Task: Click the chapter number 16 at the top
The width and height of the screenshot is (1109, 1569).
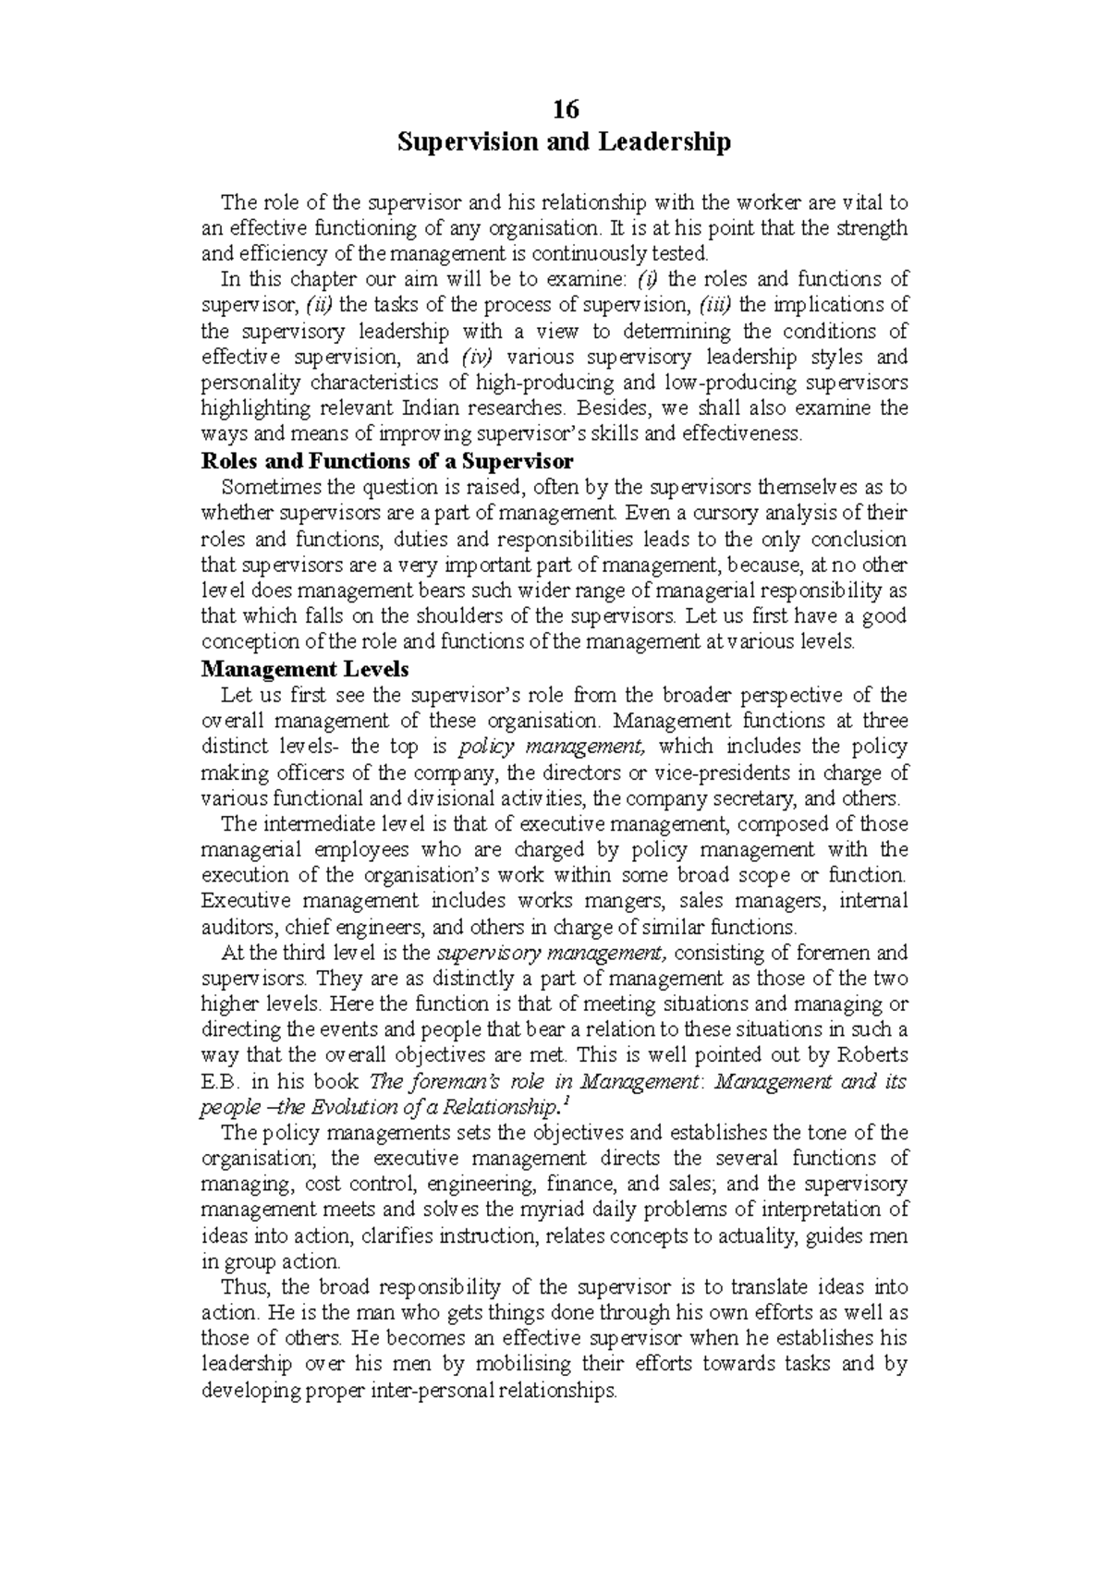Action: point(565,110)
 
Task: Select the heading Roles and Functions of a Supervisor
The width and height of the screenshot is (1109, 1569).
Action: point(387,460)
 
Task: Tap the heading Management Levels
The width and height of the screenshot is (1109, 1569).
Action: point(305,668)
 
